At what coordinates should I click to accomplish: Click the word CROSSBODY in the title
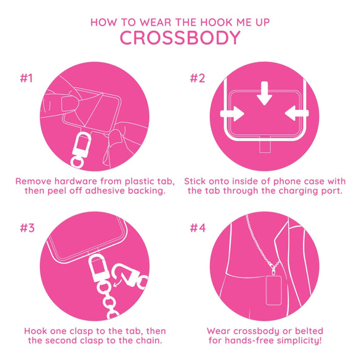[x=180, y=38]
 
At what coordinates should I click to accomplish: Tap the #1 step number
[x=27, y=79]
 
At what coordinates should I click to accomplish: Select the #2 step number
[x=197, y=79]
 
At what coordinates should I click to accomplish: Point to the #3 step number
[x=27, y=227]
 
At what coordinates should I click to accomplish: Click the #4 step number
[x=197, y=227]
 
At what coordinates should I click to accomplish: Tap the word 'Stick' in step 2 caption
[x=199, y=180]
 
